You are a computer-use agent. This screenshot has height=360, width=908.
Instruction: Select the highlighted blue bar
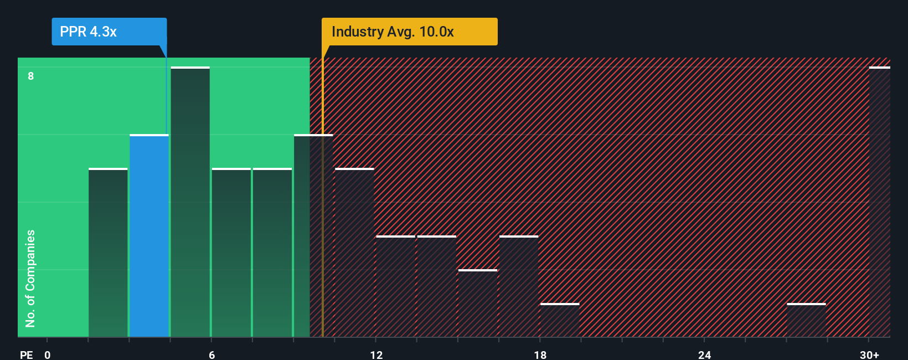(x=149, y=235)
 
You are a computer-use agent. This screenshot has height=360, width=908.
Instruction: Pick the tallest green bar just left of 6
(x=190, y=202)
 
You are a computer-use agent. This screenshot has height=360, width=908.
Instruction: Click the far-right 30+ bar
(x=879, y=202)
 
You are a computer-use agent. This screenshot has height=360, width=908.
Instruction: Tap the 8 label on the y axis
(x=31, y=76)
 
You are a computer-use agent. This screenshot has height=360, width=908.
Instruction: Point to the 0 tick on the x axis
(x=47, y=354)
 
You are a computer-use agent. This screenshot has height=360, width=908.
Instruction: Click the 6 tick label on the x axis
(x=211, y=354)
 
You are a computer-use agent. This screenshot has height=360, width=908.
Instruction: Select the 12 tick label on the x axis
(x=376, y=354)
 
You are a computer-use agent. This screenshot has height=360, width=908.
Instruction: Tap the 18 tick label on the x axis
(x=540, y=354)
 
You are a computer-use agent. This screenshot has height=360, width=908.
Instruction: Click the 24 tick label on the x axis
(x=704, y=354)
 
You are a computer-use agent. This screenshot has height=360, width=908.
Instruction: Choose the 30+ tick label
(x=869, y=354)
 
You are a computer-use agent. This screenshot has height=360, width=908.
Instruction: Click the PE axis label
(x=26, y=354)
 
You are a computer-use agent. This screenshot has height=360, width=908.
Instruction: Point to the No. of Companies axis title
(x=30, y=278)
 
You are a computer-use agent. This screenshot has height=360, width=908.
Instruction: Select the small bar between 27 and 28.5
(x=806, y=321)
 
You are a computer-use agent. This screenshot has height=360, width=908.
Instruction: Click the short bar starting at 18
(x=560, y=321)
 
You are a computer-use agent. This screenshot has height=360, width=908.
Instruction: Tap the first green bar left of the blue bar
(x=108, y=253)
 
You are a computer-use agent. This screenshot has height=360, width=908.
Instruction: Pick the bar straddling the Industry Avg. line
(x=313, y=235)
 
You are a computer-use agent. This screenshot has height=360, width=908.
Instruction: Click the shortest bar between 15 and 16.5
(x=477, y=304)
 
